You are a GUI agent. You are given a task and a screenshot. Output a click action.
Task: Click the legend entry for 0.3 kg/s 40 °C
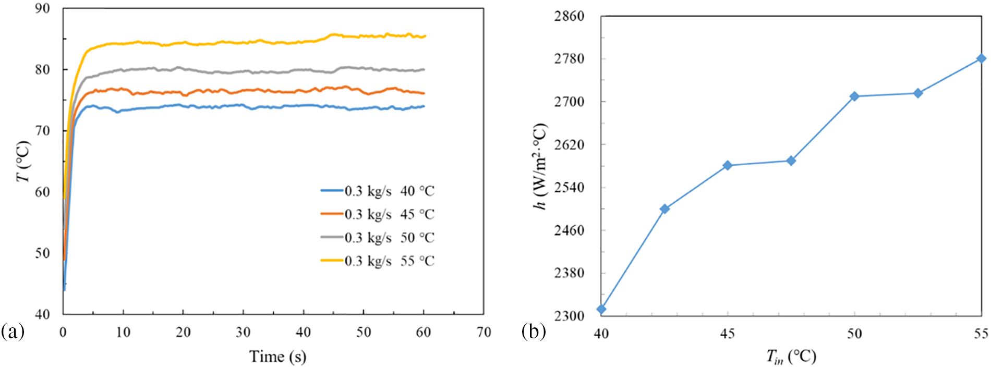click(378, 191)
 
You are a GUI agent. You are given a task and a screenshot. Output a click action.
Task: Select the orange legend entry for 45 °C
click(378, 214)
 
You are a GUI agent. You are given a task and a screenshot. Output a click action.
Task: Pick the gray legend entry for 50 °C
click(378, 238)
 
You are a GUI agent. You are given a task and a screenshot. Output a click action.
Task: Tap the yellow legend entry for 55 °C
click(378, 261)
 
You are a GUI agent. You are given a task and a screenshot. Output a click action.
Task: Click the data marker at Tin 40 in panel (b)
click(601, 309)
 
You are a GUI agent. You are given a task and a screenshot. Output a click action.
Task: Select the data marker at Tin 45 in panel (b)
click(728, 166)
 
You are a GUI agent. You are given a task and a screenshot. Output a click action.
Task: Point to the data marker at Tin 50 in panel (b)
click(854, 96)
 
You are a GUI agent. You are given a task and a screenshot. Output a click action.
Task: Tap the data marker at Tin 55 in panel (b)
click(981, 59)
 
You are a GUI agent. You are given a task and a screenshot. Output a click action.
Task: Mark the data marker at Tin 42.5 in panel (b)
click(664, 209)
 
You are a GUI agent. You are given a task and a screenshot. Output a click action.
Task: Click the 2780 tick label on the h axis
click(569, 59)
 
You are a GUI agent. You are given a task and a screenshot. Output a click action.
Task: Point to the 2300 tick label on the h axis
click(569, 316)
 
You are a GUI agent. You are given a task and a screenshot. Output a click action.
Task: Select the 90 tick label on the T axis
click(42, 9)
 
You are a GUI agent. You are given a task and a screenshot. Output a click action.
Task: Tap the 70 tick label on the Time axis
click(484, 333)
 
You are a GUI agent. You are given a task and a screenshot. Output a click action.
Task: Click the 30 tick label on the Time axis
click(243, 333)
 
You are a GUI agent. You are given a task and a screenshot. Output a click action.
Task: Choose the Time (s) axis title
click(277, 357)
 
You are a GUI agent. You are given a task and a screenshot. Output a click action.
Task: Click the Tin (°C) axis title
click(791, 357)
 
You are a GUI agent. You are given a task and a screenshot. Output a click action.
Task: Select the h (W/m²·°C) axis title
click(540, 167)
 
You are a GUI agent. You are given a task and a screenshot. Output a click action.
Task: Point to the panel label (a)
click(13, 332)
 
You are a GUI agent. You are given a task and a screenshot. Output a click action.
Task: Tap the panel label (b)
click(534, 332)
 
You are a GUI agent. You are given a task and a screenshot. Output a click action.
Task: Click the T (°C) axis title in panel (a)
click(23, 162)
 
